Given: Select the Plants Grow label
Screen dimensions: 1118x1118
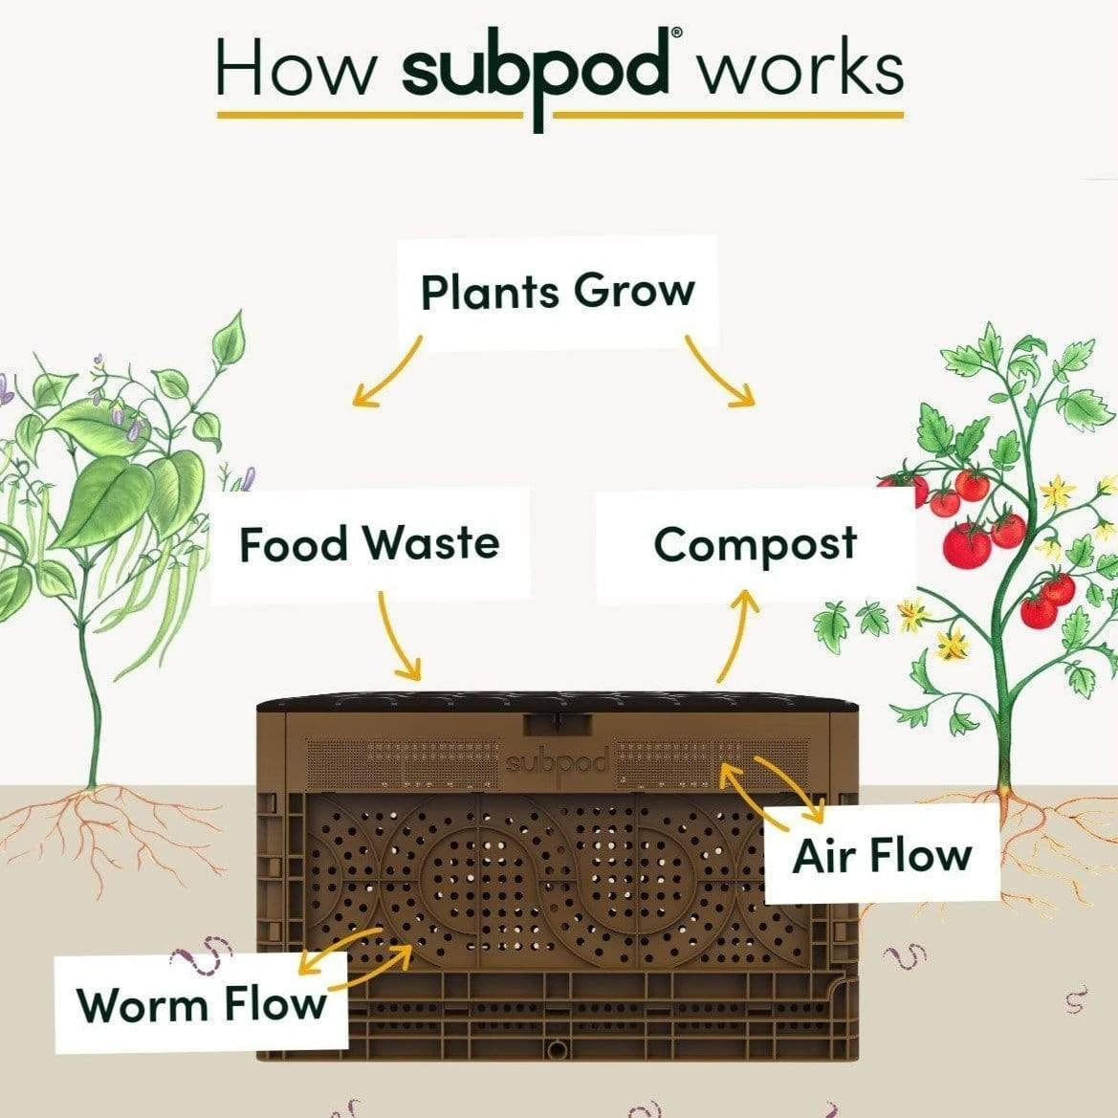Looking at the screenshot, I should (x=558, y=291).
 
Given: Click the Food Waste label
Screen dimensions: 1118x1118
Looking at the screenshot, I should (x=369, y=544).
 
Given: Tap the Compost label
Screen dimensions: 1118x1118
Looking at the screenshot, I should (x=755, y=545).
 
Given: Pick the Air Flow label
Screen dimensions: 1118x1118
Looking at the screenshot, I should (x=881, y=854).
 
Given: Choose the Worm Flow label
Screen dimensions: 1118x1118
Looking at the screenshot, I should (x=201, y=1005).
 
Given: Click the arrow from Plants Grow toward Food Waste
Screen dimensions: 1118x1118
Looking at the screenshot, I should (x=387, y=373).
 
